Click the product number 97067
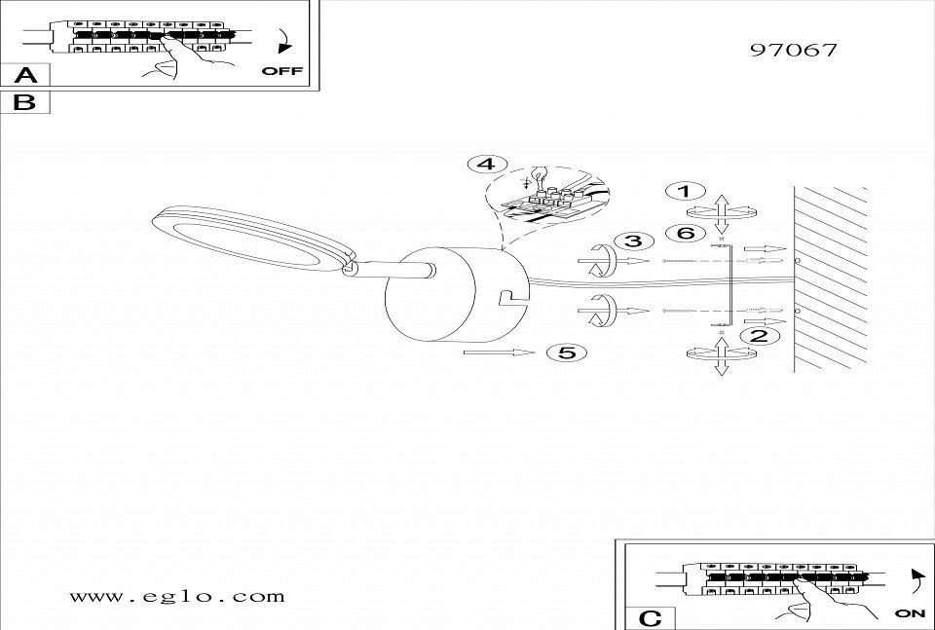click(x=794, y=50)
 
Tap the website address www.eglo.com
click(x=178, y=595)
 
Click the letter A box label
click(x=26, y=75)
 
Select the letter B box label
click(x=26, y=101)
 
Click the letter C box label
click(x=652, y=617)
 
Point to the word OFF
click(x=282, y=71)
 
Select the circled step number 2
click(x=758, y=337)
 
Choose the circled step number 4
click(x=486, y=164)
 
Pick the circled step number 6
click(x=685, y=234)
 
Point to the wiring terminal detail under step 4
click(x=550, y=201)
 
